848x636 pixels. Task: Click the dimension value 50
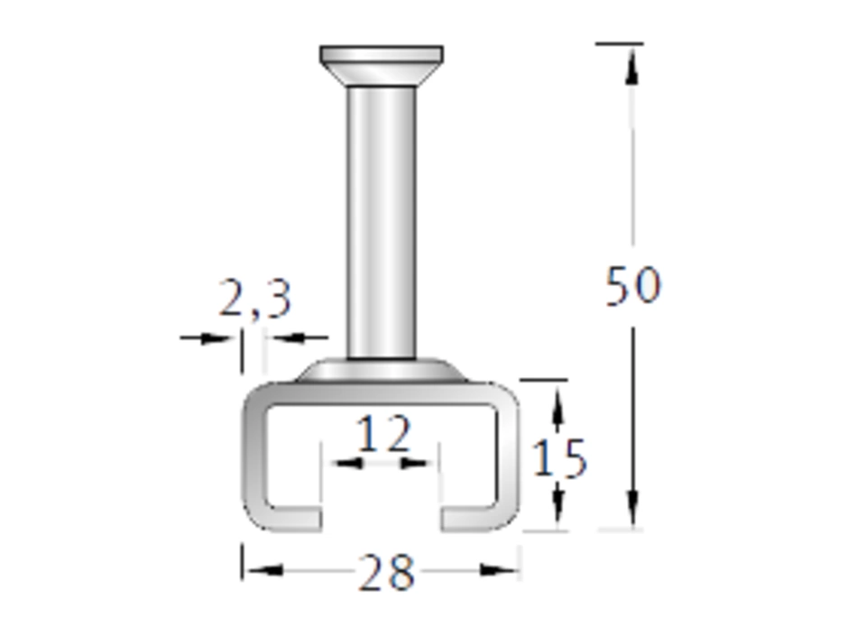tap(632, 286)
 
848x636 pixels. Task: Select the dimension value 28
tap(386, 572)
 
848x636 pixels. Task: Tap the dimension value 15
tap(559, 458)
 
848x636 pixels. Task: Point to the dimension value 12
tap(384, 433)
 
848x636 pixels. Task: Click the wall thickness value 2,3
tap(255, 298)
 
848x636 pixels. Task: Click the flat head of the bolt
tap(382, 66)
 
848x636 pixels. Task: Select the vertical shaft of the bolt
tap(382, 222)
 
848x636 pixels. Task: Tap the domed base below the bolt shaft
tap(382, 371)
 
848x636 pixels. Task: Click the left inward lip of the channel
tap(292, 518)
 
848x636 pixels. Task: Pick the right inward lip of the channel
tap(469, 518)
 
